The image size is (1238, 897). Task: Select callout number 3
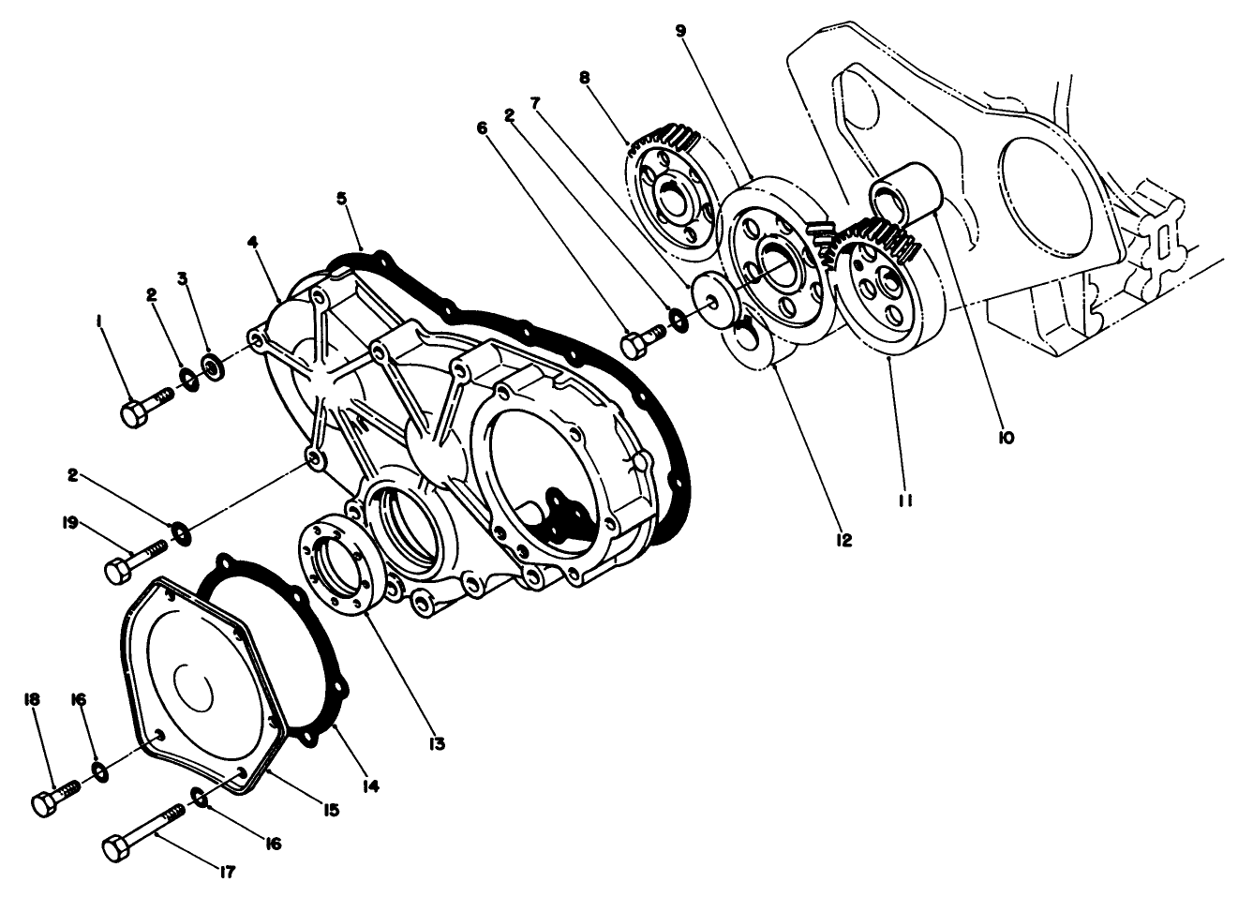[183, 279]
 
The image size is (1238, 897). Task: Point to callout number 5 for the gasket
[342, 198]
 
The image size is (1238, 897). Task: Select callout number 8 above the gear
[585, 76]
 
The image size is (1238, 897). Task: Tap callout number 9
[681, 32]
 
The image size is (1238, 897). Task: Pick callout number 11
[906, 501]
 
